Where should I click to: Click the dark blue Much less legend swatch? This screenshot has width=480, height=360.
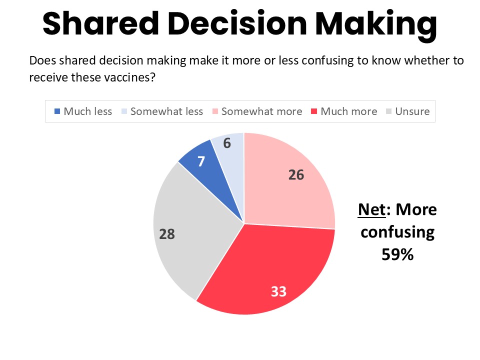(57, 111)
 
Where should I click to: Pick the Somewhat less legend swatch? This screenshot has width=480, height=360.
(124, 111)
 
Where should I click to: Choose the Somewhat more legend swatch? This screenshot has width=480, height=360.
(215, 111)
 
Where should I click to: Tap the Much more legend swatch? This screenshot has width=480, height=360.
(314, 111)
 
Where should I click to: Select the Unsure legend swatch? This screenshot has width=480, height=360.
(388, 111)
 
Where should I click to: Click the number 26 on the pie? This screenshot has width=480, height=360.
(296, 175)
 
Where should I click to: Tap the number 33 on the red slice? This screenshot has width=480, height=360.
(278, 291)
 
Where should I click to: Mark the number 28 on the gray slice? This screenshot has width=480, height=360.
(167, 233)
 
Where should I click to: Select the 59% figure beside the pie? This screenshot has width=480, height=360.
(397, 254)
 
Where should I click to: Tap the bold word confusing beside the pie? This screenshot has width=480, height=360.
(397, 232)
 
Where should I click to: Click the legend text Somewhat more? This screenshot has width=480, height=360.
(261, 111)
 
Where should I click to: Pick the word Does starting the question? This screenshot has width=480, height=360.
(41, 61)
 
